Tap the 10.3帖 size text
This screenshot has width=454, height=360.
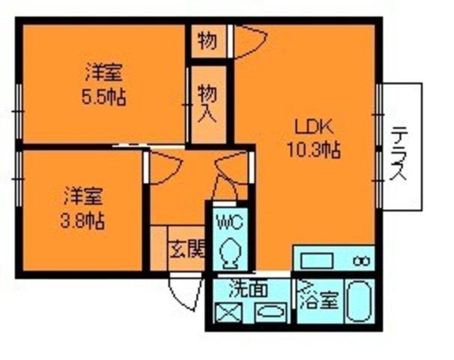312,150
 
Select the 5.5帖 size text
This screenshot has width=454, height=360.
104,96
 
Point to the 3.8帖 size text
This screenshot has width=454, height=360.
82,220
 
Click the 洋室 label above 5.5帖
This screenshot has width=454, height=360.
103,73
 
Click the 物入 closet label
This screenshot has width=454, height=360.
208,103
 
